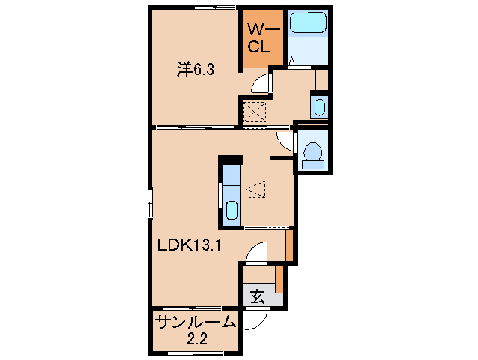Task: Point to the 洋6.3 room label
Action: point(196,70)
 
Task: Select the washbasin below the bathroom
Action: point(318,106)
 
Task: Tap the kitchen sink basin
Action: point(232,211)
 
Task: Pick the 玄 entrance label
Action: point(257,297)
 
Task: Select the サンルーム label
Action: point(195,324)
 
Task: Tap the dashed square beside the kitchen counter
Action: point(255,188)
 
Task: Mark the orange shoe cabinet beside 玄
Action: point(279,278)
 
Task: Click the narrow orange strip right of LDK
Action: point(289,244)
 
